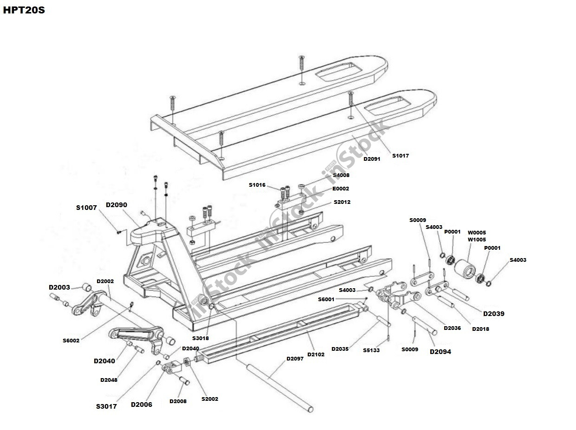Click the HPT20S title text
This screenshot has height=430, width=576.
[24, 10]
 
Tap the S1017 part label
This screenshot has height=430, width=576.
[400, 156]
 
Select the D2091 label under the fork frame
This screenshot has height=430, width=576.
[371, 159]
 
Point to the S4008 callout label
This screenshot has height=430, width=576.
[341, 175]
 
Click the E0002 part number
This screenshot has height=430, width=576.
[340, 189]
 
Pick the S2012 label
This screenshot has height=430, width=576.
[342, 202]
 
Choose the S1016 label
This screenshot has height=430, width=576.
[257, 185]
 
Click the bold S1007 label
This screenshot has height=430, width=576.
[86, 208]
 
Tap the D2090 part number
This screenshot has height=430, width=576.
[116, 205]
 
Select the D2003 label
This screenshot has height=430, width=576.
[59, 287]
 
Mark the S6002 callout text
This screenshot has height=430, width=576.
[71, 341]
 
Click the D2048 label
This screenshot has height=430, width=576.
[109, 380]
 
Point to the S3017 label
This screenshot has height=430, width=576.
[106, 406]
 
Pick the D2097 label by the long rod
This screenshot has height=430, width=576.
[295, 359]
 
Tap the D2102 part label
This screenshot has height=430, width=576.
[316, 354]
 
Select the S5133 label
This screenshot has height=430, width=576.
[371, 350]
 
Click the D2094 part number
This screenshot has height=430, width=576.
[440, 352]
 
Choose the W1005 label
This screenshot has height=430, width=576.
[477, 240]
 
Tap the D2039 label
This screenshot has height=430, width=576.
[493, 314]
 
